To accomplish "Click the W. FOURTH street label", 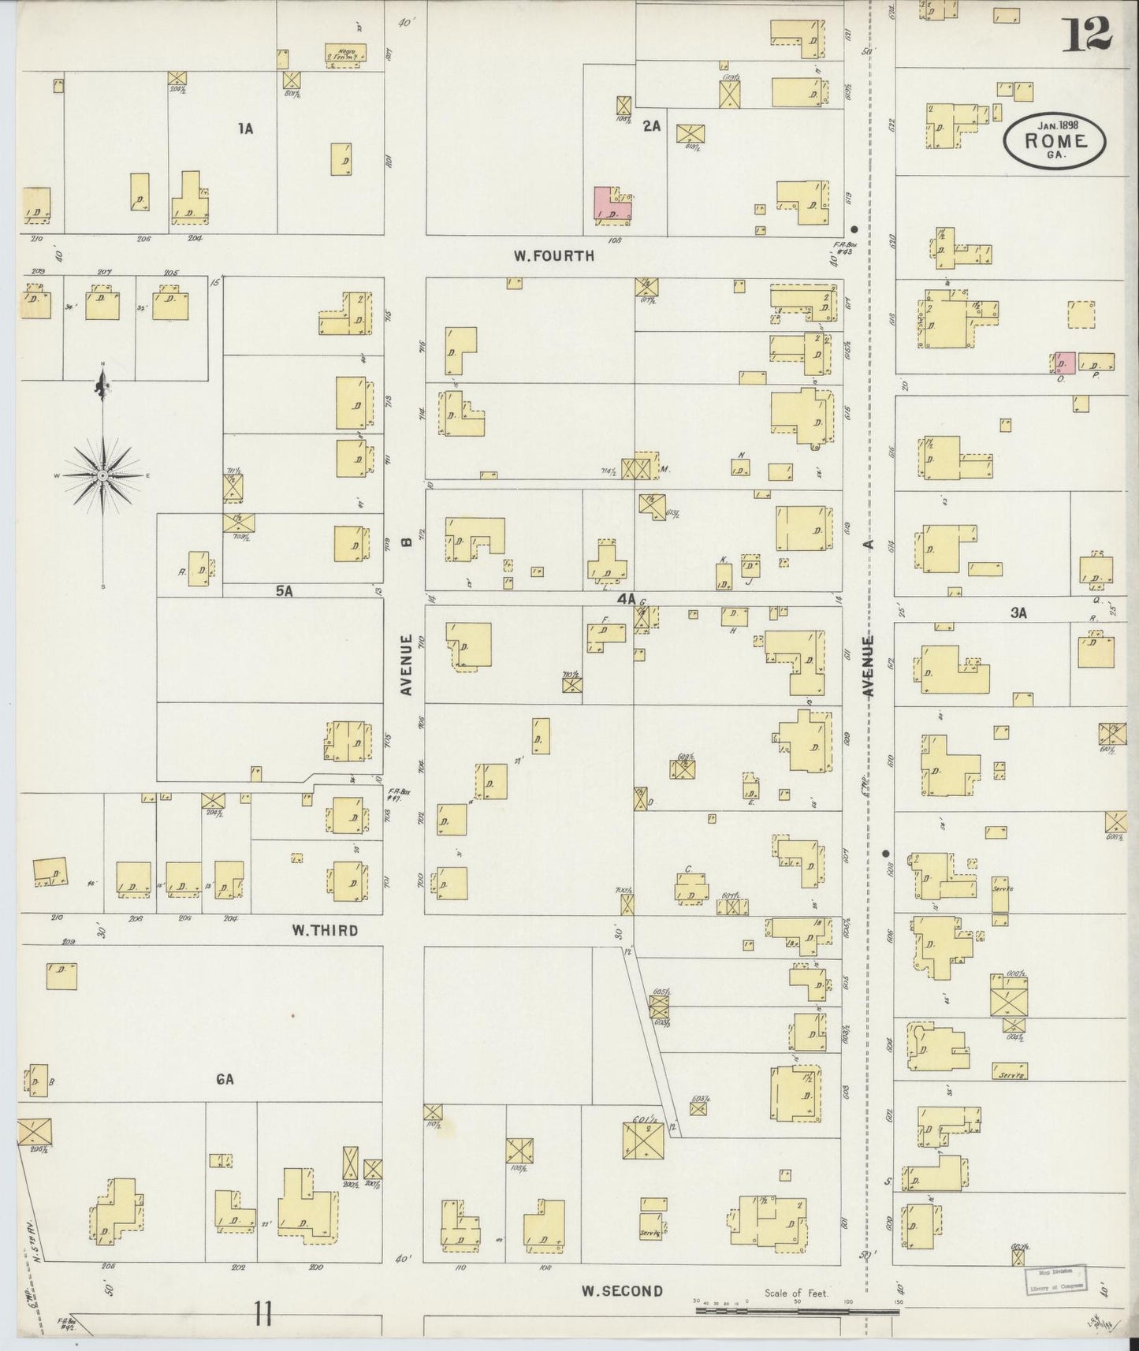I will (x=553, y=255).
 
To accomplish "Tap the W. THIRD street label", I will (x=325, y=930).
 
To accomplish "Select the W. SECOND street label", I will (x=622, y=1291).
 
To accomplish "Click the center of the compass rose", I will (x=102, y=476).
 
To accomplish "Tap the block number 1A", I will (x=246, y=128).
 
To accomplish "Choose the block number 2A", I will (x=651, y=125).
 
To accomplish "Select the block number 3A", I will (x=1018, y=612).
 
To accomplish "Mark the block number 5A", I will (x=285, y=590).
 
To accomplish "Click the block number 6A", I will (x=225, y=1080).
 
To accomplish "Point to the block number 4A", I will (x=626, y=599).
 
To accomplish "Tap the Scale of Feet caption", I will (x=796, y=1293).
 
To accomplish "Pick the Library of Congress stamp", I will (x=1055, y=1280).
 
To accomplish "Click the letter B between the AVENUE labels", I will (x=407, y=542).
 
